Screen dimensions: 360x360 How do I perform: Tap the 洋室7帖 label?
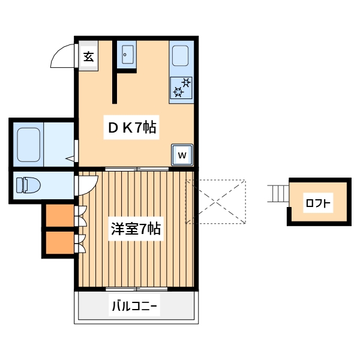click(x=136, y=229)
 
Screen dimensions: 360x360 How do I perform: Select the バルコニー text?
click(x=134, y=307)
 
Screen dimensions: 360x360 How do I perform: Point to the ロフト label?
click(x=318, y=203)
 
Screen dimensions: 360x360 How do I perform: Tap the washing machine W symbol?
click(x=183, y=155)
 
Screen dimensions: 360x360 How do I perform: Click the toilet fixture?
click(x=26, y=185)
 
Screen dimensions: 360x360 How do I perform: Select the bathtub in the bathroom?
click(x=29, y=144)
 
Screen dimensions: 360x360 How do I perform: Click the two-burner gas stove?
click(x=181, y=88)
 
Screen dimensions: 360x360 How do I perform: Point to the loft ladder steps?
click(x=277, y=194)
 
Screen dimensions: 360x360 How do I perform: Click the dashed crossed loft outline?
click(x=216, y=201)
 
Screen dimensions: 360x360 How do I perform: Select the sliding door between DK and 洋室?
click(x=137, y=169)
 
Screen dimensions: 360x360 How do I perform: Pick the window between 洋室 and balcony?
click(x=137, y=289)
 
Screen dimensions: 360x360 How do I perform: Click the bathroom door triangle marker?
click(x=70, y=159)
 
